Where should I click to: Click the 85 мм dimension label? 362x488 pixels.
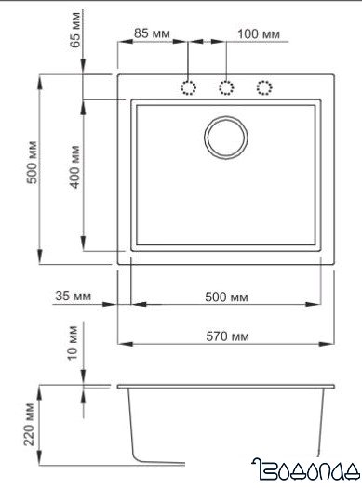coord(151,33)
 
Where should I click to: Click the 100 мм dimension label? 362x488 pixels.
coord(259,33)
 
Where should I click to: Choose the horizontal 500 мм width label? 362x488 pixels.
coord(227,297)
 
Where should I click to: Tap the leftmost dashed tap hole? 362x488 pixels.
coord(187,87)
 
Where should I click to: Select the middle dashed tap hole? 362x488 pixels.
coord(225,87)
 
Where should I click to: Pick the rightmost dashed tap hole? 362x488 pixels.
coord(263,87)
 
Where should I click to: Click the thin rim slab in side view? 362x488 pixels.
coord(226,385)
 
